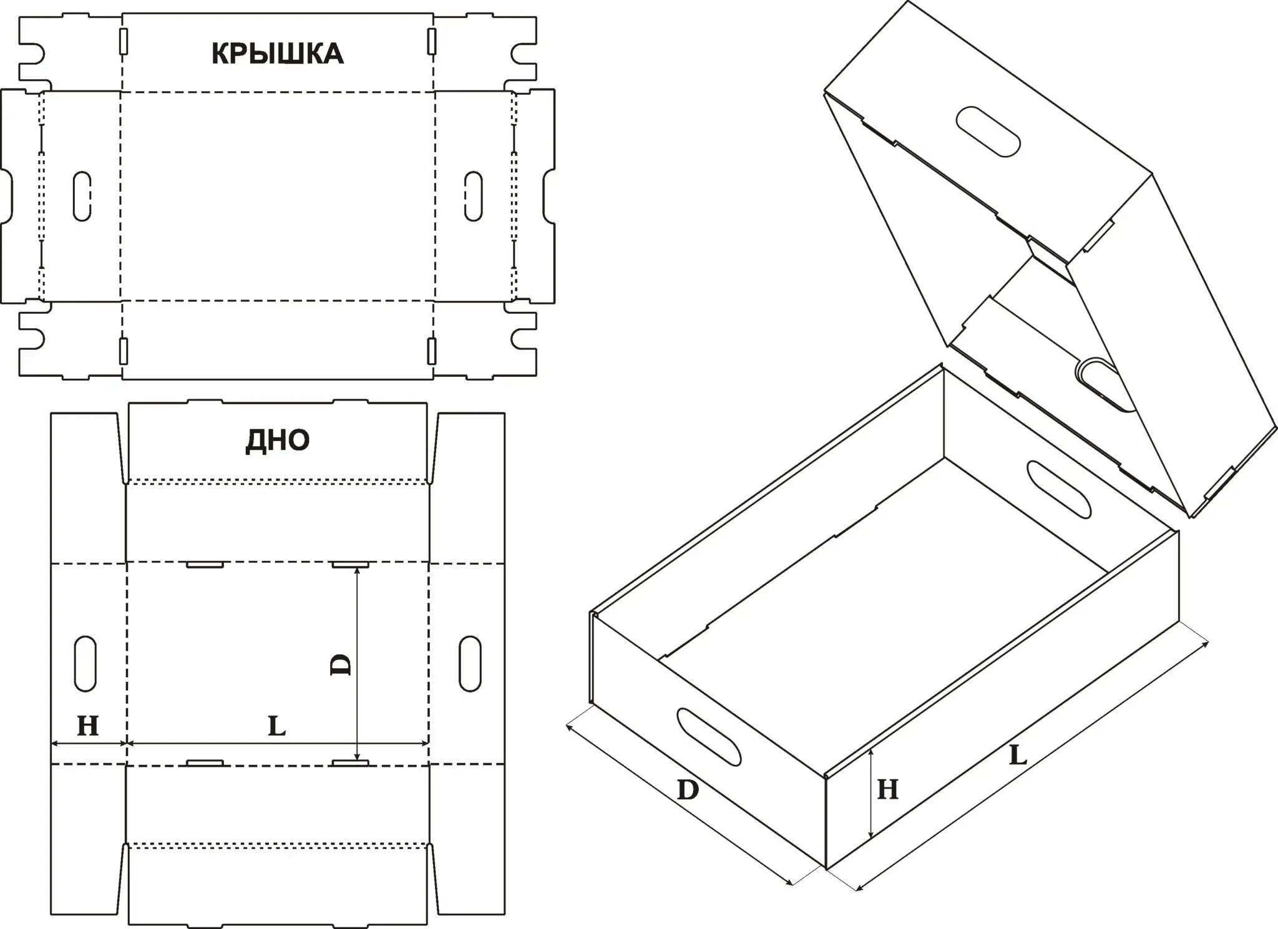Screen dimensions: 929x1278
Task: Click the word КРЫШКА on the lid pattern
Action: pos(277,54)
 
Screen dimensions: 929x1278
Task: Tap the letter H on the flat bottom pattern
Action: pos(88,726)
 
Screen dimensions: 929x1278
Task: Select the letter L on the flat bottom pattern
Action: pos(276,726)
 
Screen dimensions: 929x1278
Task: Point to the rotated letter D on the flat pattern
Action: pos(341,664)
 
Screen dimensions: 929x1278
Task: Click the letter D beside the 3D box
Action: pos(688,791)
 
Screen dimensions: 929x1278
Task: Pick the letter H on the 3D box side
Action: pos(887,790)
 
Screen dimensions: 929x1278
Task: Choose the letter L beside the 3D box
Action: pos(1018,756)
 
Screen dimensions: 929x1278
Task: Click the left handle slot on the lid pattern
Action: pos(82,196)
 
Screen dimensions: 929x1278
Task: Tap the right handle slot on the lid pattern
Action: pos(474,196)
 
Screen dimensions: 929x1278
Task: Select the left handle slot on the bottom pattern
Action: pos(85,664)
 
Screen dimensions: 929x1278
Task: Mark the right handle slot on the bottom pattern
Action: pos(470,664)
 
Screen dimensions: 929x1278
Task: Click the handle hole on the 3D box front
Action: pos(709,737)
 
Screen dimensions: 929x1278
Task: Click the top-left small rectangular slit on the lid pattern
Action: pos(124,41)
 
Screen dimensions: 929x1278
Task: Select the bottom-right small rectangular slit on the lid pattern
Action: pos(431,351)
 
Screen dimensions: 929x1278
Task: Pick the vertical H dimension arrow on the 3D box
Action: pos(871,794)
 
